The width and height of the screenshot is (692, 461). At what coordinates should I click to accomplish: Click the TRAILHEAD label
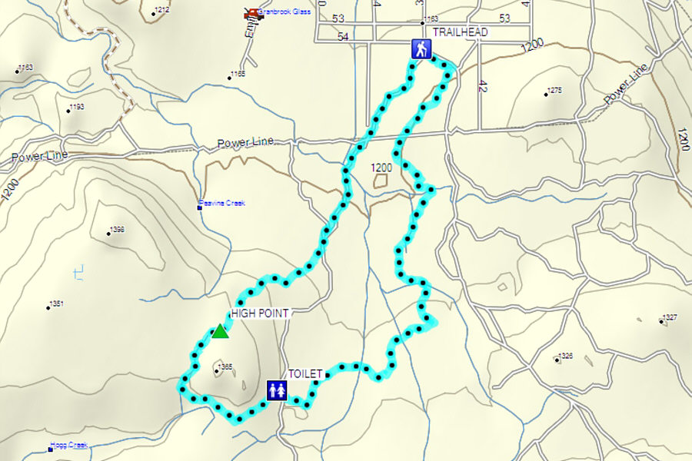[460, 32]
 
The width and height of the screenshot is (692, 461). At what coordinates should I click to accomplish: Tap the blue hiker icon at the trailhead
[420, 49]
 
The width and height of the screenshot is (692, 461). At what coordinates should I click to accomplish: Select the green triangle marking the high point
[220, 331]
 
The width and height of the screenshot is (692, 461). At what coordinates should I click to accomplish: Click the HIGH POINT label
[259, 313]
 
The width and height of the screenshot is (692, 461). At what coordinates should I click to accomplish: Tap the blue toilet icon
[277, 390]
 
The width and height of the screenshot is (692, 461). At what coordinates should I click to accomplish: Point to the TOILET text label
[305, 374]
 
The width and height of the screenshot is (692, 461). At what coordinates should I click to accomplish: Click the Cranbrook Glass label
[284, 13]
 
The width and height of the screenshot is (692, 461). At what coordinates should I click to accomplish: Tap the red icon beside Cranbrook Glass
[250, 13]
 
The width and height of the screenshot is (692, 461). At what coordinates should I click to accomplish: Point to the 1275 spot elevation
[554, 91]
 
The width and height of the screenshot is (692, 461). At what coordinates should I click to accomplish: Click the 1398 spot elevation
[116, 230]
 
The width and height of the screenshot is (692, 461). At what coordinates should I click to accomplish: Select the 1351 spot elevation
[55, 304]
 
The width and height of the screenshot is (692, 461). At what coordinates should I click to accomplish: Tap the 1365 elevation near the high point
[224, 367]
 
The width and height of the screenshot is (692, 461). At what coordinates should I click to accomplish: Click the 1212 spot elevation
[161, 11]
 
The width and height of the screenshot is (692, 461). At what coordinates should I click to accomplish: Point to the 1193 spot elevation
[75, 108]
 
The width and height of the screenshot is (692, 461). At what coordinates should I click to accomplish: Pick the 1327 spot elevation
[669, 318]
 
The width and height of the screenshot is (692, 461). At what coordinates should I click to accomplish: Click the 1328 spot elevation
[565, 356]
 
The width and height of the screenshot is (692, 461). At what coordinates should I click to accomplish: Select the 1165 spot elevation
[237, 74]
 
